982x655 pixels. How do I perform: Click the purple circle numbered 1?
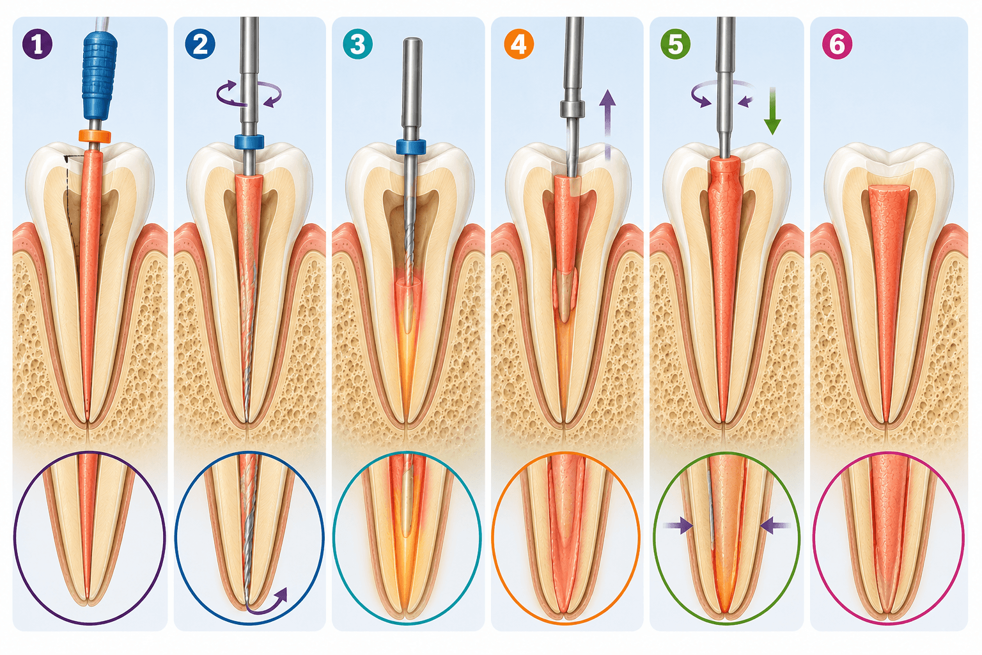[x=38, y=44]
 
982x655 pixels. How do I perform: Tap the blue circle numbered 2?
[x=200, y=44]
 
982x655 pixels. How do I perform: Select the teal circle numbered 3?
[x=358, y=44]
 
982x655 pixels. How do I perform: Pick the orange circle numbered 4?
[x=519, y=44]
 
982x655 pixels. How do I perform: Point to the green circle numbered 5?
[x=675, y=44]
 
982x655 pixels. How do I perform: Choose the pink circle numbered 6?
[x=838, y=44]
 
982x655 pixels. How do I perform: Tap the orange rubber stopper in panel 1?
[x=95, y=136]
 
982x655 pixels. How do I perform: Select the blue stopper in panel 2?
[x=249, y=142]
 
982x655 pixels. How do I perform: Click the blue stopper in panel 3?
[x=411, y=147]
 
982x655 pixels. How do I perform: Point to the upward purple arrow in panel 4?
[x=607, y=125]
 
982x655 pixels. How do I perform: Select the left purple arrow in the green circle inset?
[x=679, y=525]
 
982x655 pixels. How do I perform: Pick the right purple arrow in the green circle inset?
[x=775, y=525]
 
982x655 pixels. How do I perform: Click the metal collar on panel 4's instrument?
[x=573, y=109]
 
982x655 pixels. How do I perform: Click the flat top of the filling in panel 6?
[x=889, y=189]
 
